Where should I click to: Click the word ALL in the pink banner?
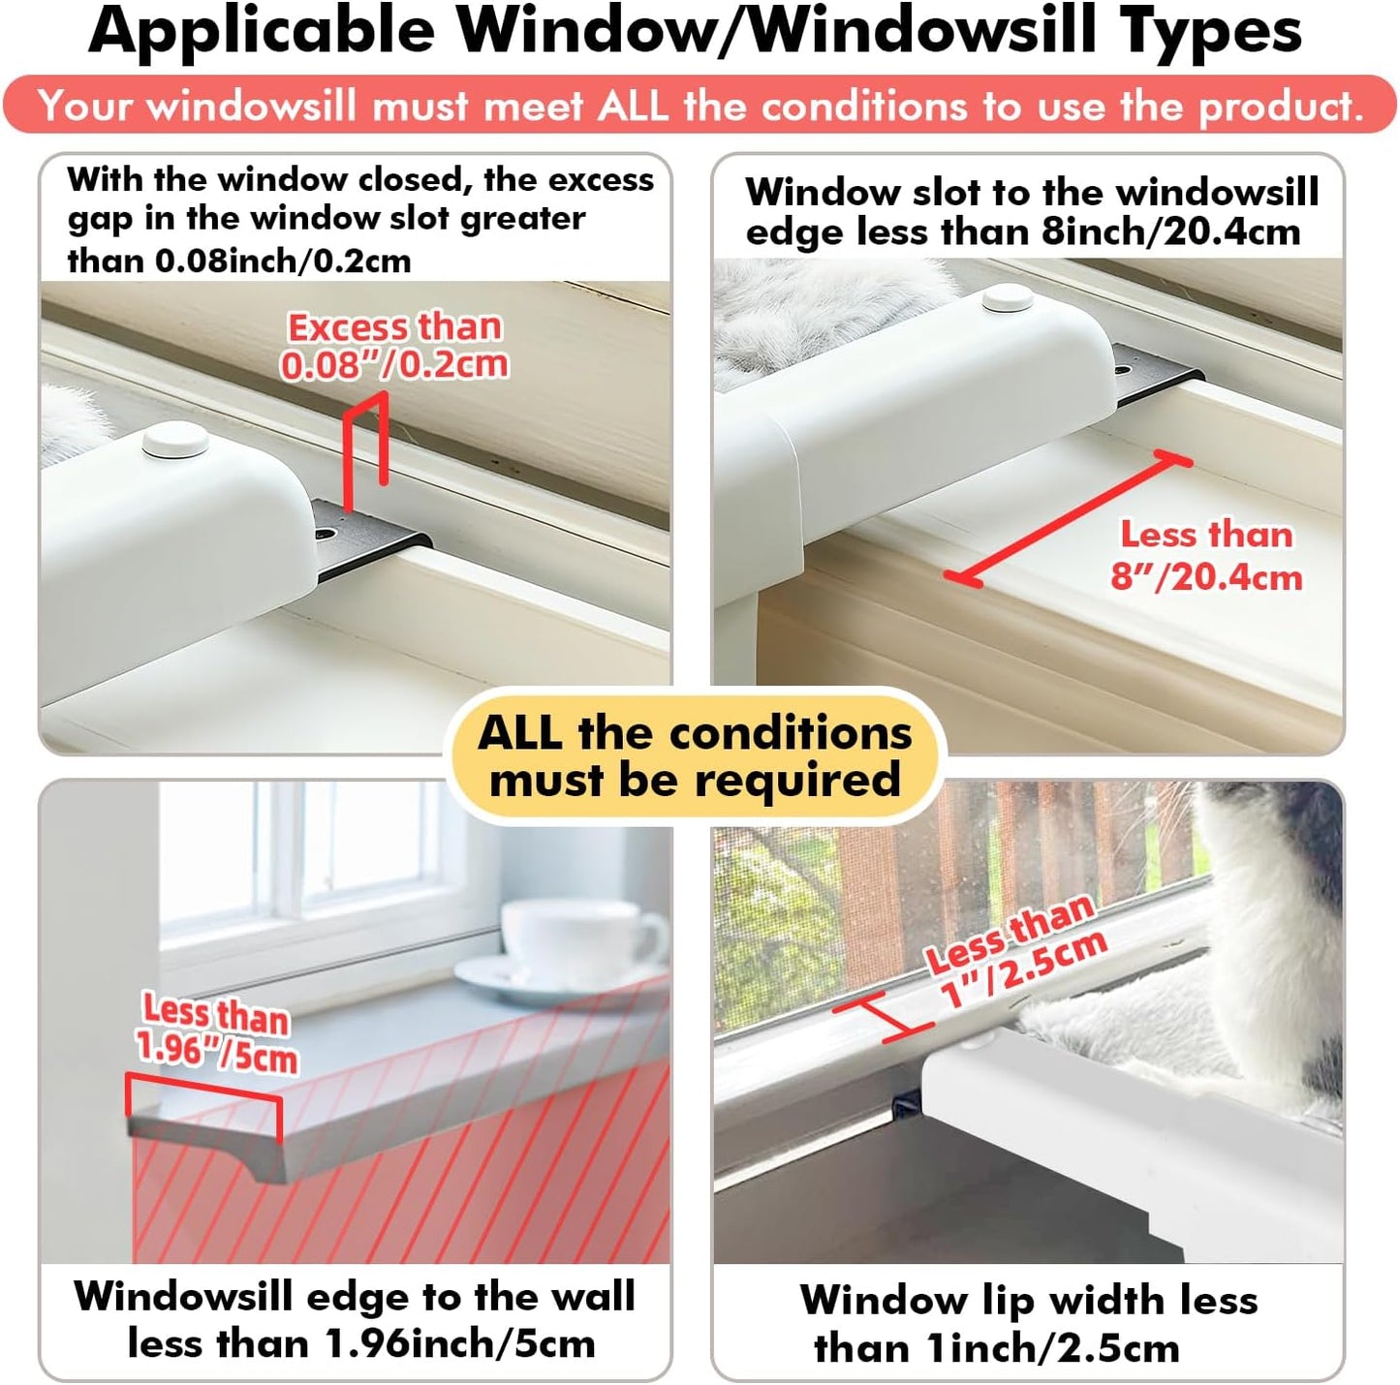click(633, 105)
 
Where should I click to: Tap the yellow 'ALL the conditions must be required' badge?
click(695, 756)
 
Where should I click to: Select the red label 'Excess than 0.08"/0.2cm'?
click(394, 346)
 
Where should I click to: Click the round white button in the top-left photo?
click(175, 441)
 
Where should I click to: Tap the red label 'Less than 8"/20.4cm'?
click(1206, 556)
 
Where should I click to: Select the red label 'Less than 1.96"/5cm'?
click(216, 1033)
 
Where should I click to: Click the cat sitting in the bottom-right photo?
click(1269, 930)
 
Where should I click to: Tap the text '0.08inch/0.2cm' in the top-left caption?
click(283, 262)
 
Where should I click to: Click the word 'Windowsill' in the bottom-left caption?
click(183, 1296)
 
